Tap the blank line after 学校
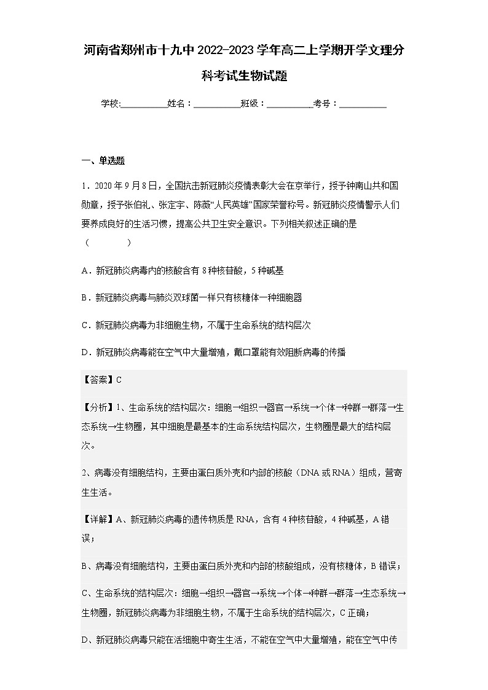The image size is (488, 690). click(x=144, y=104)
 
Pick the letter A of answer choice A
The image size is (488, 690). click(x=85, y=270)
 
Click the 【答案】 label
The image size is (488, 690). click(x=98, y=379)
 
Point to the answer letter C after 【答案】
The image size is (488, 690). click(x=119, y=379)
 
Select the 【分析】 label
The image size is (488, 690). click(x=98, y=406)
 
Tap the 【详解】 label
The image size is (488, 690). click(x=98, y=519)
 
